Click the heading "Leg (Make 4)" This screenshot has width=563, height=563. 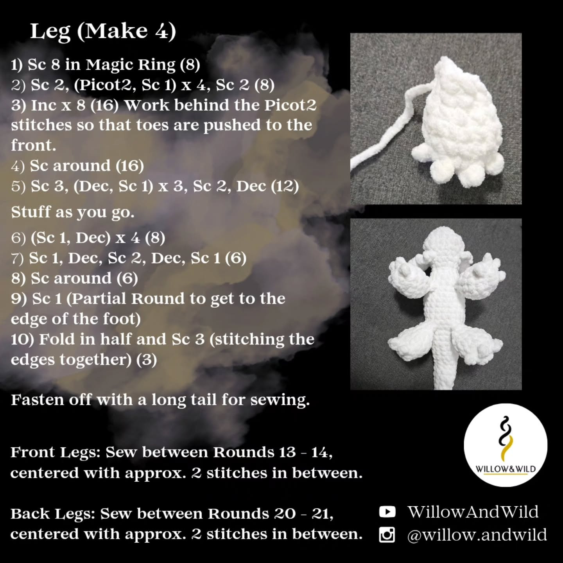pyautogui.click(x=103, y=31)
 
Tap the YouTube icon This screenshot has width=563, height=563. pyautogui.click(x=387, y=512)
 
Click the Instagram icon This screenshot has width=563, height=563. pyautogui.click(x=387, y=534)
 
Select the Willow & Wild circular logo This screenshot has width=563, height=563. pyautogui.click(x=505, y=445)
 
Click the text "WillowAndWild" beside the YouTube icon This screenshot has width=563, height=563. pyautogui.click(x=473, y=512)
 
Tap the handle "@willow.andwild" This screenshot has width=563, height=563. pyautogui.click(x=477, y=535)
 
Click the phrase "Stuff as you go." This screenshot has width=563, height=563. pyautogui.click(x=73, y=212)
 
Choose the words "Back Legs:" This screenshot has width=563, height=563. pyautogui.click(x=53, y=514)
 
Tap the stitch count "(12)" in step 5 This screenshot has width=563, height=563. pyautogui.click(x=285, y=186)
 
